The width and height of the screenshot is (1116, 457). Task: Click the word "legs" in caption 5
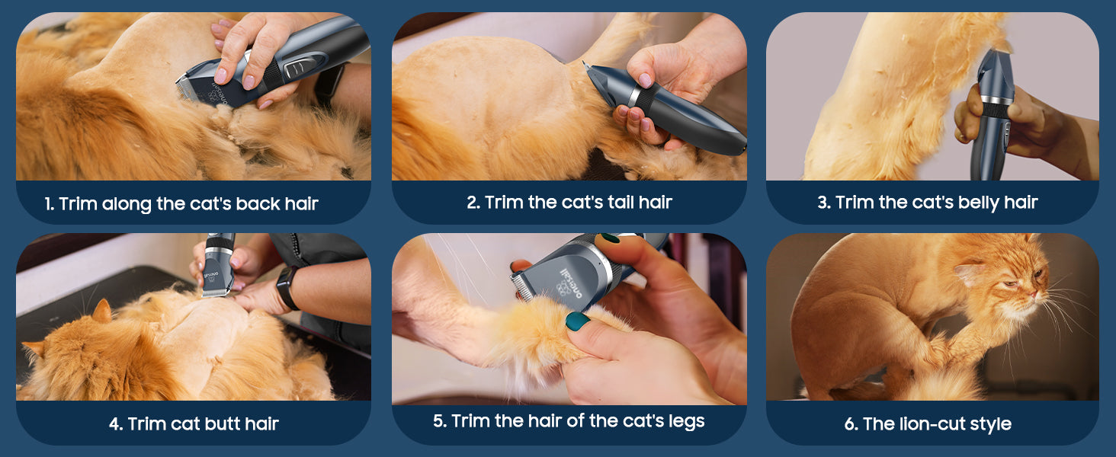687,422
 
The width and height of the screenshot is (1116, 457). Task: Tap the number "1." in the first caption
49,203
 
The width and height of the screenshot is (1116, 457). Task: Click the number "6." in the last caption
851,424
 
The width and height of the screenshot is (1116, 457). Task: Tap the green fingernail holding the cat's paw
577,321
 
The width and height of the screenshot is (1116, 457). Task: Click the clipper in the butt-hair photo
218,264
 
